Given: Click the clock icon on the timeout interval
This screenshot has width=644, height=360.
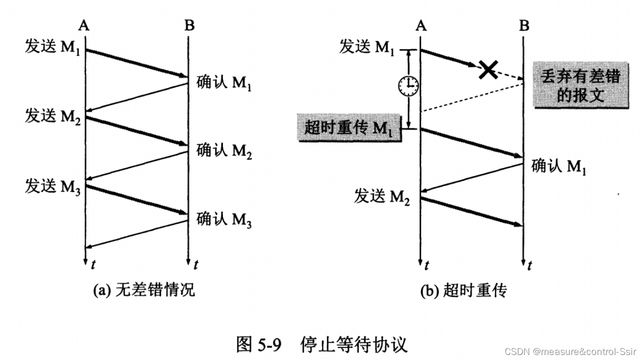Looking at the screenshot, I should click(x=409, y=87).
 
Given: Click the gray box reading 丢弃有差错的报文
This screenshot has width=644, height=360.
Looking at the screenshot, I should click(x=580, y=85).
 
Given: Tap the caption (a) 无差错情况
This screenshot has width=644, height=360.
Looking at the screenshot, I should click(x=143, y=290).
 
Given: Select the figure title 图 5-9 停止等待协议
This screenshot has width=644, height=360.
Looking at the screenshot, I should click(x=322, y=344).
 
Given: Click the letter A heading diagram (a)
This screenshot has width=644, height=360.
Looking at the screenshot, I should click(x=85, y=25).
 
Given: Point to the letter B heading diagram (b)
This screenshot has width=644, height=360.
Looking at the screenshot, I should click(x=524, y=25).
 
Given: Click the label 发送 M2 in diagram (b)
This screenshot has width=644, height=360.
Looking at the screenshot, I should click(x=382, y=197).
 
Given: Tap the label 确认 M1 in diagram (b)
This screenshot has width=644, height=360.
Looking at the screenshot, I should click(x=559, y=166).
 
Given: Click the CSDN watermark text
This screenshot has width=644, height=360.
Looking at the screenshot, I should click(x=574, y=351).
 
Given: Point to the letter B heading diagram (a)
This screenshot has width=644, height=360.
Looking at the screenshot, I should click(x=189, y=25).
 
